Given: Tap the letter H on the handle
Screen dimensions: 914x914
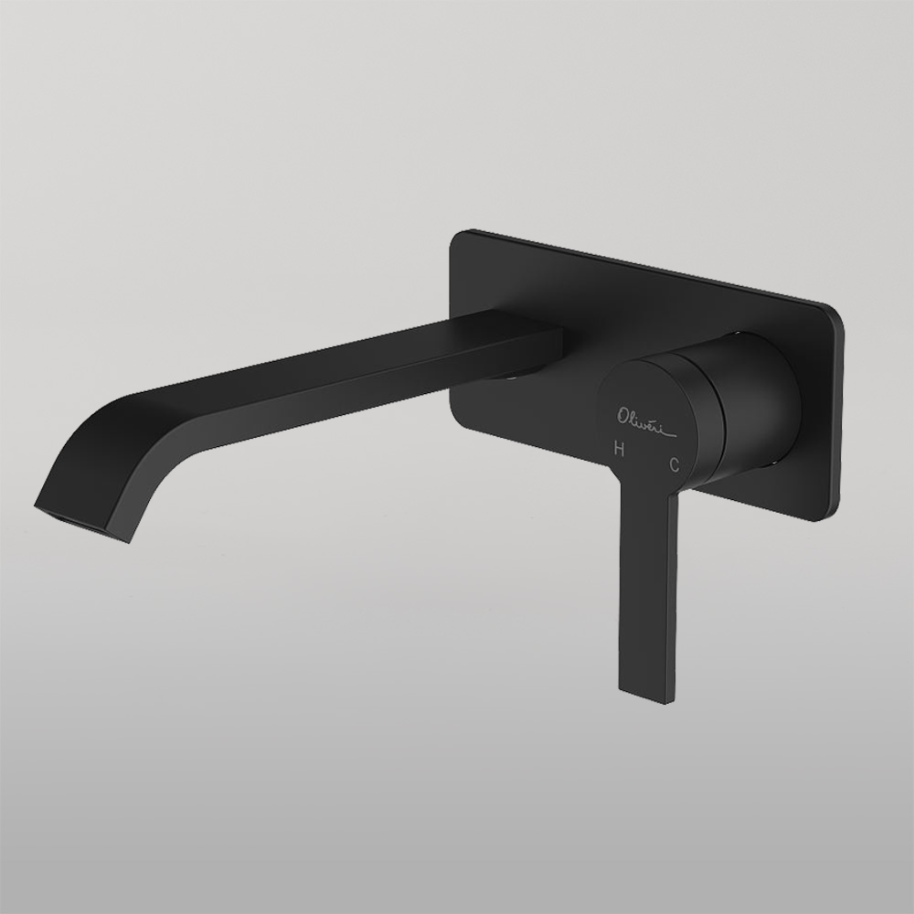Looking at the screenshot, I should pos(620,449).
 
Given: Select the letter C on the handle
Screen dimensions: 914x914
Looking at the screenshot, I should pos(675,464).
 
